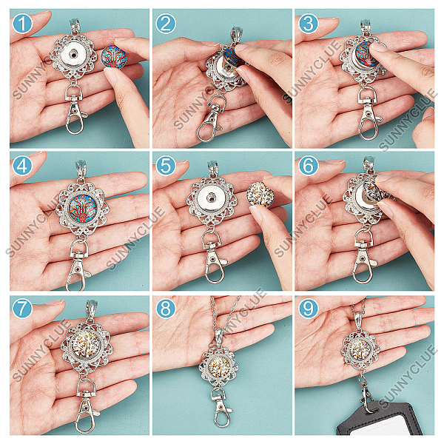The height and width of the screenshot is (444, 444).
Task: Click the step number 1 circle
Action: [23, 24]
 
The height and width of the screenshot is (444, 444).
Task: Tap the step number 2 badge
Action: [166, 24]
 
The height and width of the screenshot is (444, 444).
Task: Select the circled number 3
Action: [309, 24]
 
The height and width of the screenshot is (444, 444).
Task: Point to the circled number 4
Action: [23, 166]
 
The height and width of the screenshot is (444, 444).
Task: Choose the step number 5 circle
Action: [166, 166]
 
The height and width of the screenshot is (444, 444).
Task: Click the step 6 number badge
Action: [309, 166]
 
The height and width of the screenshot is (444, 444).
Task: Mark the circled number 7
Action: [23, 309]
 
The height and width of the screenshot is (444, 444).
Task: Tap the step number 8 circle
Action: [166, 309]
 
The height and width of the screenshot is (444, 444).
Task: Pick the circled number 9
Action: [309, 309]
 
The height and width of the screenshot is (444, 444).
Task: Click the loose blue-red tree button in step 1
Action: [113, 57]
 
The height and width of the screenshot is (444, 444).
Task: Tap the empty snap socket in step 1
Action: [74, 54]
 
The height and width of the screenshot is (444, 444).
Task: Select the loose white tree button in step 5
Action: [260, 195]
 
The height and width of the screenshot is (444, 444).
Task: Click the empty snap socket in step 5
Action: [211, 197]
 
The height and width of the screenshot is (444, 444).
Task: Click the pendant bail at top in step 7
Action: [92, 309]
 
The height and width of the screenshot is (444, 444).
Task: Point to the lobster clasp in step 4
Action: [77, 266]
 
